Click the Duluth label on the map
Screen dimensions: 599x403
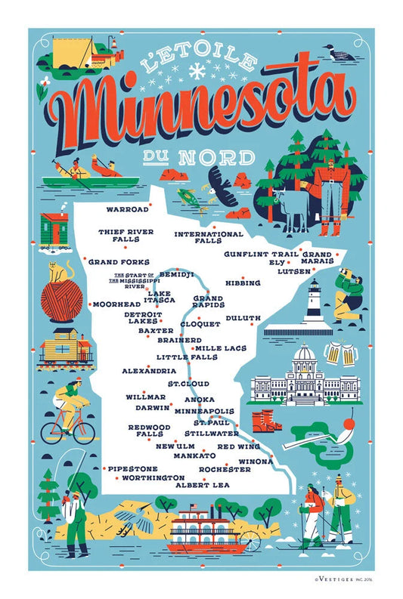pyautogui.click(x=243, y=318)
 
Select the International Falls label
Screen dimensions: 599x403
pyautogui.click(x=208, y=237)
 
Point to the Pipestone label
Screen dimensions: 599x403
pyautogui.click(x=132, y=468)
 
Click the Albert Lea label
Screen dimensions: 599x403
pyautogui.click(x=202, y=485)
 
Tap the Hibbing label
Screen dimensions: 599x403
pyautogui.click(x=242, y=283)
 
